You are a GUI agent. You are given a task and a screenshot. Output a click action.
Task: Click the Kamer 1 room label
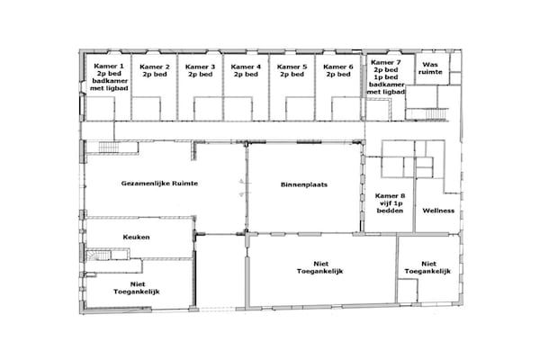pyautogui.click(x=109, y=77)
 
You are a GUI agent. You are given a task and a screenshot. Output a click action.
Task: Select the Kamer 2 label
pyautogui.click(x=155, y=70)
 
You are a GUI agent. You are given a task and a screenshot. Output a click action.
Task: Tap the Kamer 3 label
pyautogui.click(x=200, y=70)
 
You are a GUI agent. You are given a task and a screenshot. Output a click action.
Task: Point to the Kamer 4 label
pyautogui.click(x=246, y=70)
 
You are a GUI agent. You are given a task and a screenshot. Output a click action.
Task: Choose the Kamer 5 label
pyautogui.click(x=292, y=70)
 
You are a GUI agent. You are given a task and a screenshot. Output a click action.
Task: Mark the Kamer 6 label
pyautogui.click(x=338, y=70)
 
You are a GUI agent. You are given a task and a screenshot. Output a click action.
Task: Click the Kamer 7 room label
pyautogui.click(x=386, y=77)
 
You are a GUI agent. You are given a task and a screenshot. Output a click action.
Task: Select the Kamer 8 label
pyautogui.click(x=390, y=203)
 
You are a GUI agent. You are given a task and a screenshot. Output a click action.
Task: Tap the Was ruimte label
pyautogui.click(x=430, y=68)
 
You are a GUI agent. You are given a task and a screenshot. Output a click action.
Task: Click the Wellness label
pyautogui.click(x=438, y=211)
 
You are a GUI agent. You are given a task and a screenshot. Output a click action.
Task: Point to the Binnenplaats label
pyautogui.click(x=304, y=184)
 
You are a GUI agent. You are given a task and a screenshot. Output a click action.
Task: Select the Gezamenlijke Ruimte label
pyautogui.click(x=159, y=184)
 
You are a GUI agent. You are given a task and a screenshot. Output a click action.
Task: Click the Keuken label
pyautogui.click(x=137, y=237)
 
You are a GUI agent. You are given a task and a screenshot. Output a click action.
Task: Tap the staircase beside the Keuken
pyautogui.click(x=98, y=255)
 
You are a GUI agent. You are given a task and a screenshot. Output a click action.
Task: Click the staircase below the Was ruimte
pyautogui.click(x=427, y=113)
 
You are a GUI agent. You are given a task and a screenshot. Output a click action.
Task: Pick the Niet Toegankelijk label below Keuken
pyautogui.click(x=137, y=288)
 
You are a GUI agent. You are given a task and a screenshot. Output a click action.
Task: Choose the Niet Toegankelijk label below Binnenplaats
pyautogui.click(x=319, y=267)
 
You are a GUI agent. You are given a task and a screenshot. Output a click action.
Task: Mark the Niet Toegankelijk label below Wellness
pyautogui.click(x=427, y=267)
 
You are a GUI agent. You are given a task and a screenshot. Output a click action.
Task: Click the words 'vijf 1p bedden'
pyautogui.click(x=390, y=207)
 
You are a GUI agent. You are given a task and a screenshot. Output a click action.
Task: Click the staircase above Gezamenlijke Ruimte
pyautogui.click(x=109, y=147)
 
